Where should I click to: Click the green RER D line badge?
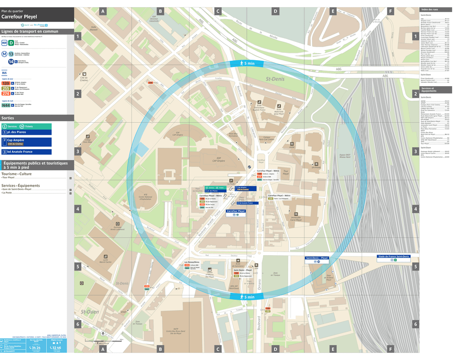pos(11,43)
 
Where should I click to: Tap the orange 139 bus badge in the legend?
pos(6,83)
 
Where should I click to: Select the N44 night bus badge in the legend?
pos(6,105)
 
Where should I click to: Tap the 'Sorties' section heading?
pos(8,117)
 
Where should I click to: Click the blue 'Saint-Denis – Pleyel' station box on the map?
pos(317,258)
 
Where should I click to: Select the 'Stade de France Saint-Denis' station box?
pos(393,257)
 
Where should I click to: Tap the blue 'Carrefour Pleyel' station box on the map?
pos(236,211)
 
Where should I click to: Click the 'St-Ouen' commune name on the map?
pos(90,312)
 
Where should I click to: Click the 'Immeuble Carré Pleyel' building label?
pos(296,219)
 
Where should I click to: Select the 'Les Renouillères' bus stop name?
pos(192,262)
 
